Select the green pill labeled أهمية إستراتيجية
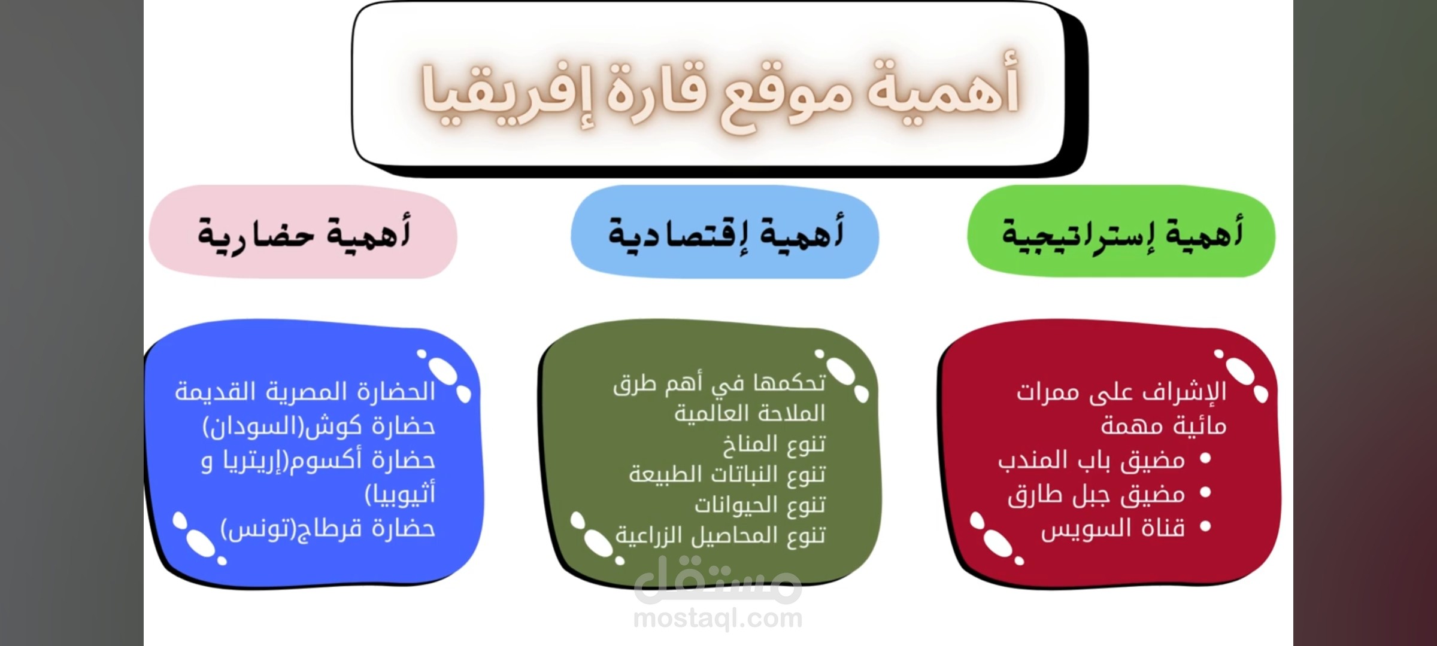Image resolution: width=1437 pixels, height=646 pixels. coord(1121,231)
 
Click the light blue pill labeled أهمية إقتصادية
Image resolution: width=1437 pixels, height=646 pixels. coord(724,232)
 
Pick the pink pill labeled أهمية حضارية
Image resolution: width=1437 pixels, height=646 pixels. coord(303,232)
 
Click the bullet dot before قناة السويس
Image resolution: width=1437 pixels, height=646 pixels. coord(1206,526)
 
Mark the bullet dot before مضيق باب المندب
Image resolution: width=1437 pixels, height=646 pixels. coord(1206,458)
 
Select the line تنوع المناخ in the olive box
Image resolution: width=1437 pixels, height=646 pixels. coord(774,444)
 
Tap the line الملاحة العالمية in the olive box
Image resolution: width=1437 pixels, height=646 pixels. coord(750,413)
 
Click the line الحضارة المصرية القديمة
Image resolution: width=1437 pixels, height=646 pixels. coord(305,392)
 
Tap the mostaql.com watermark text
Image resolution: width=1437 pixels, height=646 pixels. coord(718,617)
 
